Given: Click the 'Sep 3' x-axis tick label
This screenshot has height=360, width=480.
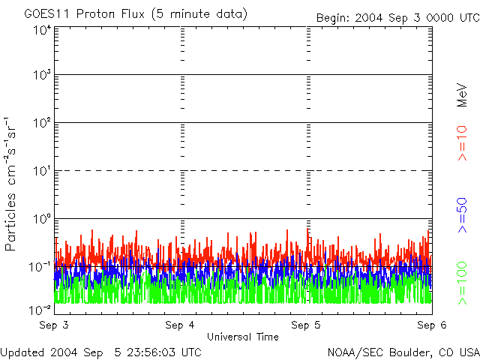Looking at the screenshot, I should [54, 325].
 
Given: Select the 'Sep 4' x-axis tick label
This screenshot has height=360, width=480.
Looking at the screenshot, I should [180, 325].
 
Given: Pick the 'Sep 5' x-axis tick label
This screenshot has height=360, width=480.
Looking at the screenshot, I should [306, 325].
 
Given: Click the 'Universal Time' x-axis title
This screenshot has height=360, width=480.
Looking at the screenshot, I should [243, 337].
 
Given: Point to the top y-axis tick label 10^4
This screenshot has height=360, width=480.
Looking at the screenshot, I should [42, 30].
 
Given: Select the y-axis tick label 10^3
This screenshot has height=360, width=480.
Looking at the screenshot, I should [42, 76].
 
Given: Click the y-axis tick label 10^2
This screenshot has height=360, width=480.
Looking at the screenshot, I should [42, 123].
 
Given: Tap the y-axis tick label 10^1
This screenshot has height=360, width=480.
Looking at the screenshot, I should [42, 171].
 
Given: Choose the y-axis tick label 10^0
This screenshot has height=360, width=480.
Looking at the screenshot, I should [42, 219].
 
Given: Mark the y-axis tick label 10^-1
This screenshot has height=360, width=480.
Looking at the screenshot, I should [41, 266].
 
